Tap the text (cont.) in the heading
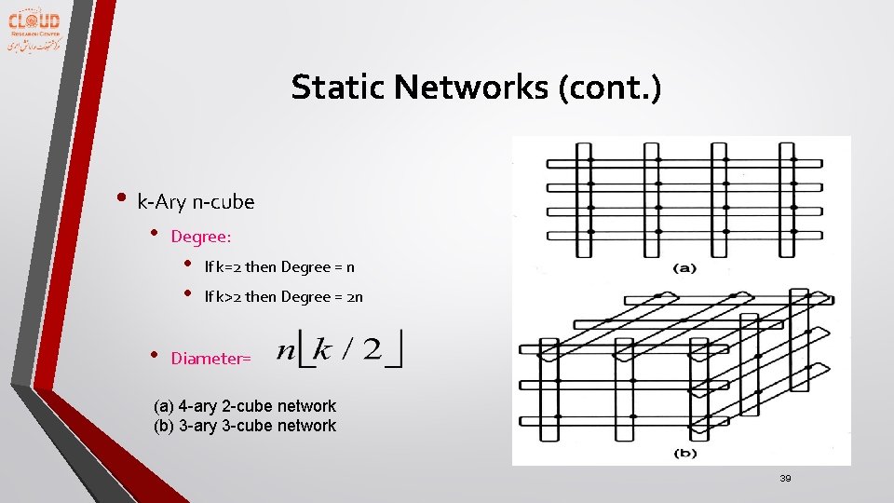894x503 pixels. [609, 88]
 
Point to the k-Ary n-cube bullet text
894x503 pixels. [196, 201]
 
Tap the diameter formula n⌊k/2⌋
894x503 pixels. [340, 351]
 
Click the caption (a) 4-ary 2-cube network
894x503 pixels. [244, 406]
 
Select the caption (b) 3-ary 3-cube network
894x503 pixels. [244, 426]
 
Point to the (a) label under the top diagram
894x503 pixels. [684, 268]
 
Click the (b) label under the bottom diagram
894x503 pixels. [684, 453]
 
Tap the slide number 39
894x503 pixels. [785, 479]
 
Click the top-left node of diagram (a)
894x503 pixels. [590, 160]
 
